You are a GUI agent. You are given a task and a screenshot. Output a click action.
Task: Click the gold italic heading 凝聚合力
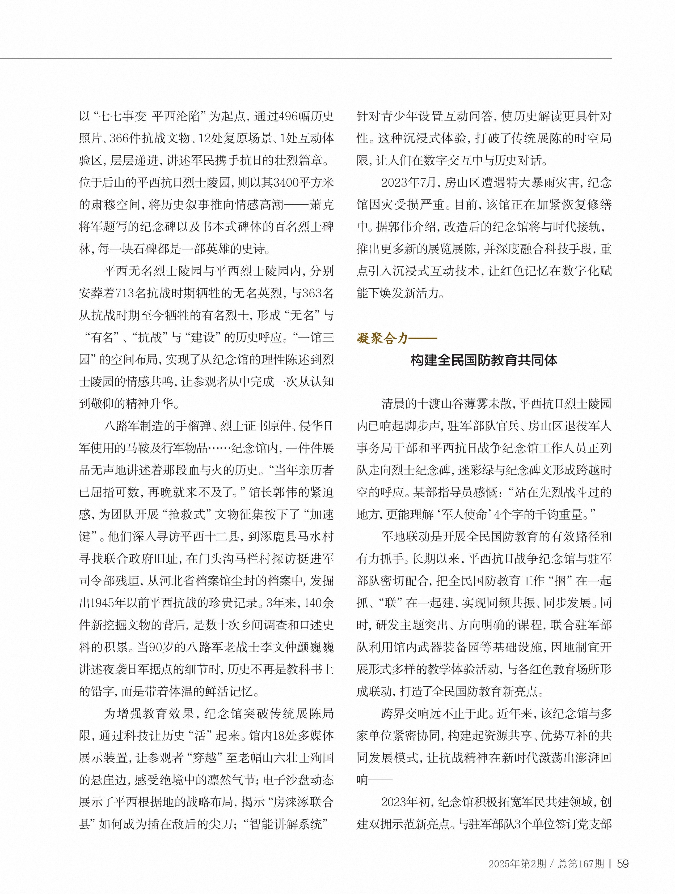(382, 338)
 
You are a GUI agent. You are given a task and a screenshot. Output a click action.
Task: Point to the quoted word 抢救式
(192, 515)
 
